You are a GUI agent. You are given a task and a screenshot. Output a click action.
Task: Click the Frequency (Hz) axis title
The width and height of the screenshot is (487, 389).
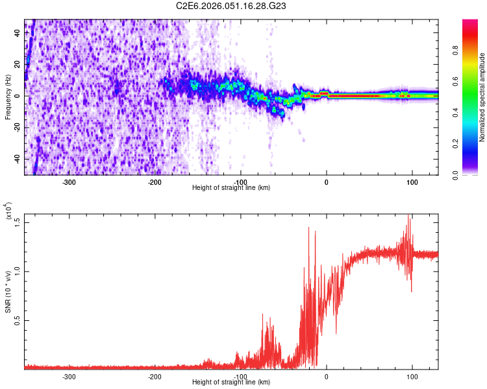pyautogui.click(x=8, y=97)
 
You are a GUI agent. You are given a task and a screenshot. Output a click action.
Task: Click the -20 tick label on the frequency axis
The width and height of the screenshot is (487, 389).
pyautogui.click(x=16, y=127)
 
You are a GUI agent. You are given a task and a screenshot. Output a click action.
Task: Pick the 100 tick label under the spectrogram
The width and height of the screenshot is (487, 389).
pyautogui.click(x=412, y=182)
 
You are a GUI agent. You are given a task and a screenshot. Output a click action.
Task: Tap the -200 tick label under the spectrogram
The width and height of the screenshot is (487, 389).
pyautogui.click(x=155, y=182)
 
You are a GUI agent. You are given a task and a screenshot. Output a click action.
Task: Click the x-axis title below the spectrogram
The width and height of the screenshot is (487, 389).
pyautogui.click(x=231, y=188)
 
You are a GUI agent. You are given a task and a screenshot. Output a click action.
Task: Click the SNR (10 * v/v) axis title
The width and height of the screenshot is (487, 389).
pyautogui.click(x=8, y=292)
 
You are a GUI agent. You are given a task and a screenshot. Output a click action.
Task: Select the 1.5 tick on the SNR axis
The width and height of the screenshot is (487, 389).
pyautogui.click(x=17, y=222)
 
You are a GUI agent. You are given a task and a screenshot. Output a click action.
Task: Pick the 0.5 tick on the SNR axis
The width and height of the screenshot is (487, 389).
pyautogui.click(x=17, y=320)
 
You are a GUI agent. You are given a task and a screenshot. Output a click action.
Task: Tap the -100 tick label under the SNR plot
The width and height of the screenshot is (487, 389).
pyautogui.click(x=240, y=376)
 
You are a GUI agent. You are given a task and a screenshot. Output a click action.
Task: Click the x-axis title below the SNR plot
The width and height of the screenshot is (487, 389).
pyautogui.click(x=231, y=383)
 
